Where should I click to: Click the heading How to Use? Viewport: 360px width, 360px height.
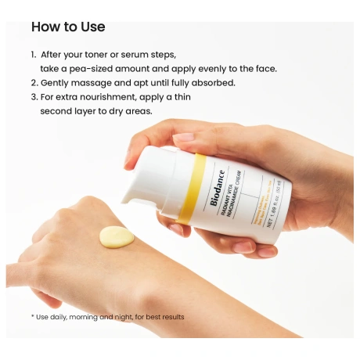68,27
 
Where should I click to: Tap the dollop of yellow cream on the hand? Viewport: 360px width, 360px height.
117,235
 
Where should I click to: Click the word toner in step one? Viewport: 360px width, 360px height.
100,55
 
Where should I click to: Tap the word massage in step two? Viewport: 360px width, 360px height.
90,82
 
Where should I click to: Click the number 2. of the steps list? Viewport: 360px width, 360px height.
34,82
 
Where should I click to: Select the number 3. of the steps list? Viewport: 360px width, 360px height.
34,96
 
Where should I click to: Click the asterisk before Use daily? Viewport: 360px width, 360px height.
32,316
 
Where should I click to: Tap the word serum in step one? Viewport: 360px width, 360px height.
133,55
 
